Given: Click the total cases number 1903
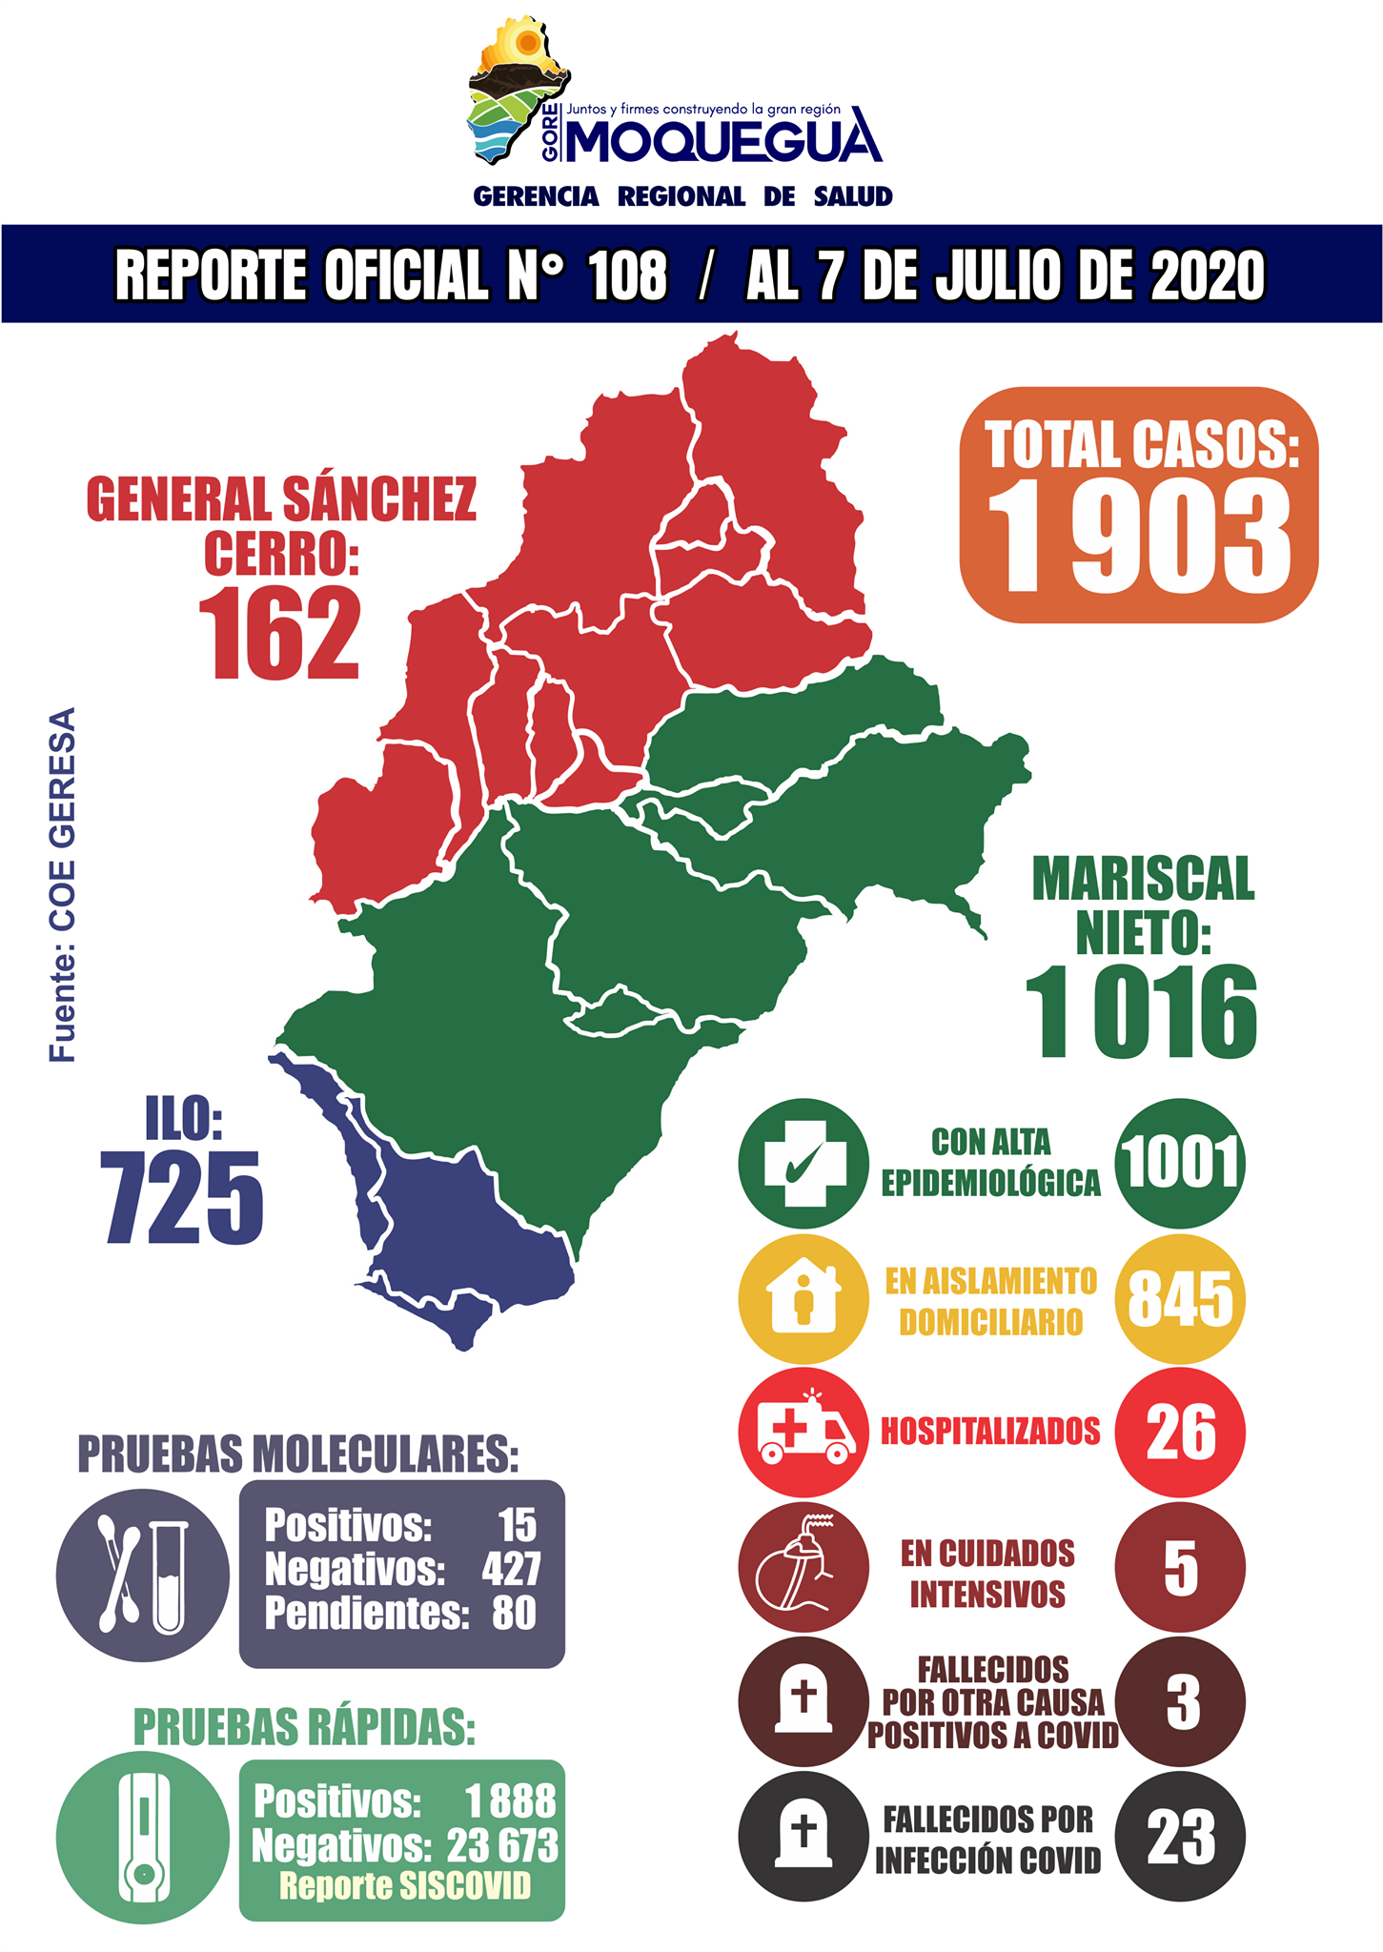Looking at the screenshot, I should [x=1139, y=538].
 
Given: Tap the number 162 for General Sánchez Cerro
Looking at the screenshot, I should [x=279, y=633].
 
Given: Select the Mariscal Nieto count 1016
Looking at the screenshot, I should [x=1141, y=1012].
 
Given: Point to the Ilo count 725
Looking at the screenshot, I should [x=183, y=1197].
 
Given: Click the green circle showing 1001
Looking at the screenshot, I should [x=1179, y=1163].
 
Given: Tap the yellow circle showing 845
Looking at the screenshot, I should [x=1179, y=1298].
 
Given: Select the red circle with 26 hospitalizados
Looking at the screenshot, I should [x=1179, y=1432].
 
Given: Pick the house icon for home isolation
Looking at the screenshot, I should [x=803, y=1298].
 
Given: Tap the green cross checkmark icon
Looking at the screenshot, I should [x=803, y=1163].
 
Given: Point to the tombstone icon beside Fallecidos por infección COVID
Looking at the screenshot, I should [x=803, y=1837].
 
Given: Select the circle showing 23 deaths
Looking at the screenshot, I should [x=1179, y=1837].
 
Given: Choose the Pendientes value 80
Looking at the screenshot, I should [x=514, y=1614].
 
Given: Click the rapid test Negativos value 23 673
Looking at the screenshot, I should [x=502, y=1846].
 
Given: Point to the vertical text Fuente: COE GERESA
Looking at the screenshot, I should [x=63, y=884].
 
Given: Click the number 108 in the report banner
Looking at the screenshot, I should [x=627, y=276].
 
